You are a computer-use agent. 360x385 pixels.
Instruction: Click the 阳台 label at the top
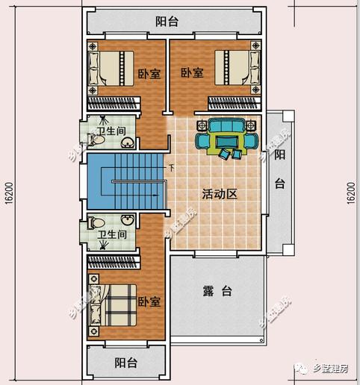[167, 22]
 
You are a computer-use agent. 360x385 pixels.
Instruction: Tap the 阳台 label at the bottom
[125, 363]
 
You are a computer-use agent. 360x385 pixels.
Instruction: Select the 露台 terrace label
[216, 291]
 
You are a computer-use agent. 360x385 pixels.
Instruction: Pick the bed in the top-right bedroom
[236, 68]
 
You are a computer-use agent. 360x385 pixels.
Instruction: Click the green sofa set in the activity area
[226, 137]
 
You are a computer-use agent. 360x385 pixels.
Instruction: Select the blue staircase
[125, 181]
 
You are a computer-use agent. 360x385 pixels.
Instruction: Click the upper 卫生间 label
[111, 128]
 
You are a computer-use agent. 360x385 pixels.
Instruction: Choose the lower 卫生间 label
[111, 235]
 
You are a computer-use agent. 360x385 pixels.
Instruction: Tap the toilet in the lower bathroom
[96, 222]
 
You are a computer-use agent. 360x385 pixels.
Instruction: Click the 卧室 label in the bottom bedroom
[149, 302]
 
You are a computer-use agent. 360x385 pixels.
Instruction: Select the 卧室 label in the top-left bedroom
[149, 75]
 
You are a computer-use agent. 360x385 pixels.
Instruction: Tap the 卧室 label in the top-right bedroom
[192, 73]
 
